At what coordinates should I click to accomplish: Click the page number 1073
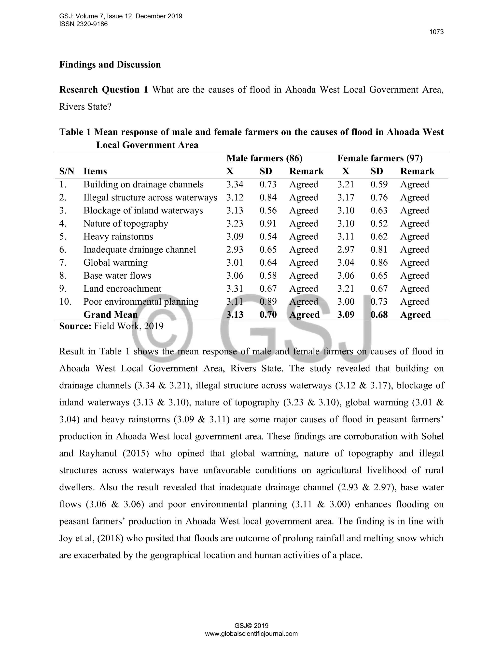(x=436, y=32)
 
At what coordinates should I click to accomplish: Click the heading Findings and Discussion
(x=110, y=65)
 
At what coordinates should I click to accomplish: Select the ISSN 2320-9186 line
(x=84, y=24)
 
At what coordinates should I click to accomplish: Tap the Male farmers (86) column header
(x=264, y=158)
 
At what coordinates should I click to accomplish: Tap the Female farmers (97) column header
(x=380, y=158)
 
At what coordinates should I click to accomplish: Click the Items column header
(x=95, y=171)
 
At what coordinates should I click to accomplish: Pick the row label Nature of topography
(x=126, y=223)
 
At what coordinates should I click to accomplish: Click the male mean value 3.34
(x=235, y=184)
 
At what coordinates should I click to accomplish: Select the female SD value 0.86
(x=379, y=262)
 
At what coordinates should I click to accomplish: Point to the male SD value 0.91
(x=268, y=223)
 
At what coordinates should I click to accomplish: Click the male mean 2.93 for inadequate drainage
(x=235, y=249)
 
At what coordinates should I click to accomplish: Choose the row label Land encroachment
(x=122, y=289)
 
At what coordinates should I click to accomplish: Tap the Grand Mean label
(x=111, y=315)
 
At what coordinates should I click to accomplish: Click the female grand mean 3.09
(x=346, y=315)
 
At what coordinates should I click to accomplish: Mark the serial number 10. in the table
(x=65, y=301)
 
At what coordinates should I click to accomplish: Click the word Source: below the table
(x=75, y=326)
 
